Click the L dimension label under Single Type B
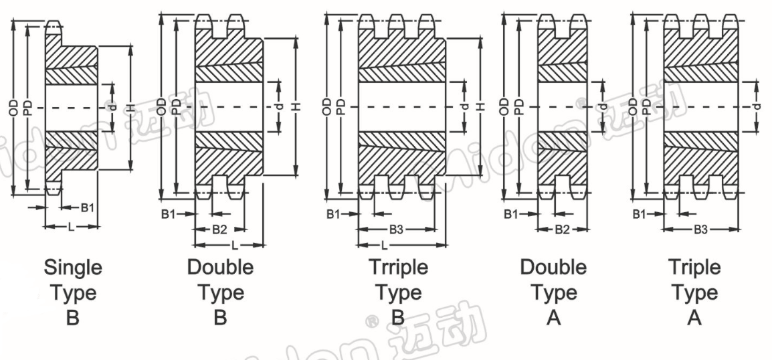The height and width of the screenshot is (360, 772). point(71,227)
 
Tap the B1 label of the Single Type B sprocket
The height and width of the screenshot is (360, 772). point(88,208)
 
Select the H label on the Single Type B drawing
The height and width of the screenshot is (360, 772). point(132,108)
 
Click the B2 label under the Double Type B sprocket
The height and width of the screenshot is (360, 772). point(219,229)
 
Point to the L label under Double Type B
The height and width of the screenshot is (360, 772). point(235,245)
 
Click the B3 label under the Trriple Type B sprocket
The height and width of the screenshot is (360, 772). point(396,230)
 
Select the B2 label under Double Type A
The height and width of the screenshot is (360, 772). point(562,230)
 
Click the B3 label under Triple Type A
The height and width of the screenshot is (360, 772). point(700,230)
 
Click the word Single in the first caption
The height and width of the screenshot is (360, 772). point(73,268)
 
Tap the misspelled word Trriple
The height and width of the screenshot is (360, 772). point(399,268)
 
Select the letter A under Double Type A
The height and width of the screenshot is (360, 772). point(553,318)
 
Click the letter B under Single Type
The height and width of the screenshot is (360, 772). point(72,318)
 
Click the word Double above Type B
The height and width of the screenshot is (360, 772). point(220,268)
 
